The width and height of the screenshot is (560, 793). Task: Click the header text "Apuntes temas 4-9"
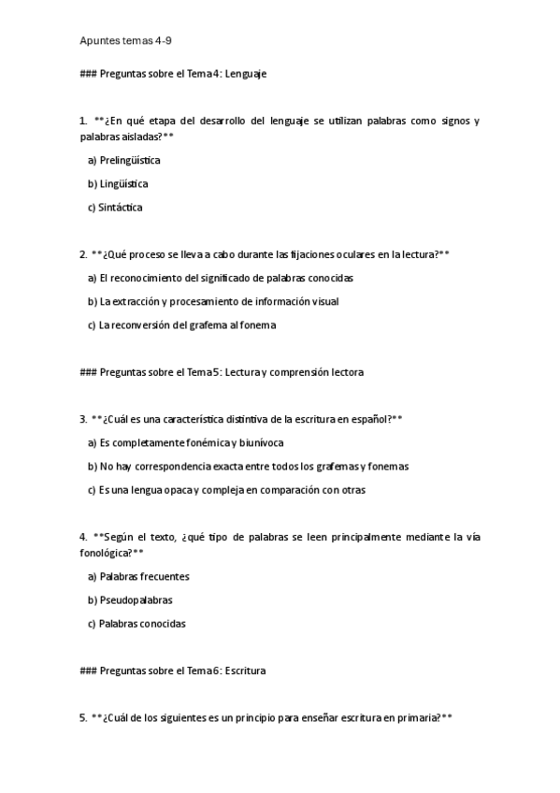pos(126,41)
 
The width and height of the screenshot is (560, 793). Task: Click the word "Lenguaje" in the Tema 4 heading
pos(246,74)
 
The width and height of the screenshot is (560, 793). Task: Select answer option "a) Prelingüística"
pos(123,160)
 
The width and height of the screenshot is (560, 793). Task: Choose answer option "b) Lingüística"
pos(118,184)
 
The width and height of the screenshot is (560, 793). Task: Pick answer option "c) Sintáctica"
pos(115,208)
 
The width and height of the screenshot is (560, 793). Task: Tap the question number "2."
pos(84,253)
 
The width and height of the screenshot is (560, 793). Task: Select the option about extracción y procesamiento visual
pos(213,301)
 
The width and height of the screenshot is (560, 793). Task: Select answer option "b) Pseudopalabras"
pos(130,599)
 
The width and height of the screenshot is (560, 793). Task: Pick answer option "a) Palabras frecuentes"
pos(138,576)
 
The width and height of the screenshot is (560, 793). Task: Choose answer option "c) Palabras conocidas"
pos(136,623)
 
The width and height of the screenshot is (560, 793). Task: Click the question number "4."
pos(84,537)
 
